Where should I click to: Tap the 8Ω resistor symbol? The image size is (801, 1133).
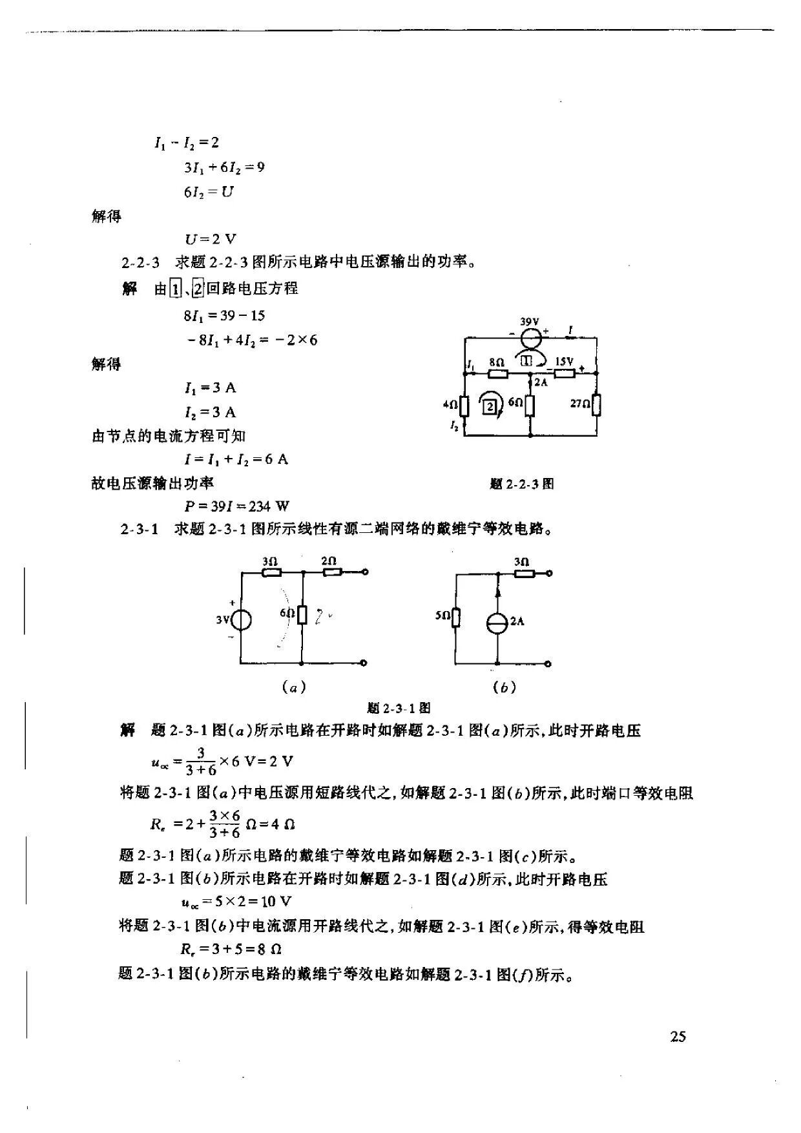pos(497,373)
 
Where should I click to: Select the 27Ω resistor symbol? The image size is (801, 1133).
pos(596,404)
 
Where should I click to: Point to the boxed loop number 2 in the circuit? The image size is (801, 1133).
pos(490,406)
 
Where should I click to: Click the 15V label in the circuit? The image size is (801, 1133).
pos(564,362)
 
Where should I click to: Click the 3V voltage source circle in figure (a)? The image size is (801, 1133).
pos(241,620)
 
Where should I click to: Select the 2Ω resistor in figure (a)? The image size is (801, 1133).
pos(332,572)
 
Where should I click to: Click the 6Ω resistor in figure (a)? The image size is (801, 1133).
pos(302,613)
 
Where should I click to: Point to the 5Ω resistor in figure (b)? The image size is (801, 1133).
pos(456,617)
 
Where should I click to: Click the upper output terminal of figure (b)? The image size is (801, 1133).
pos(549,572)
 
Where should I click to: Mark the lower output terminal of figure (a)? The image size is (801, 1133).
pos(364,663)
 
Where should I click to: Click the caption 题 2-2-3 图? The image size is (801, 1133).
pos(522,484)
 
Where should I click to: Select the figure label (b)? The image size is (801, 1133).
pos(504,687)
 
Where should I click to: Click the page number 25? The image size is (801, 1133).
pos(678,1037)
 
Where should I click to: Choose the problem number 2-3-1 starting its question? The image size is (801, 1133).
pos(140,530)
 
